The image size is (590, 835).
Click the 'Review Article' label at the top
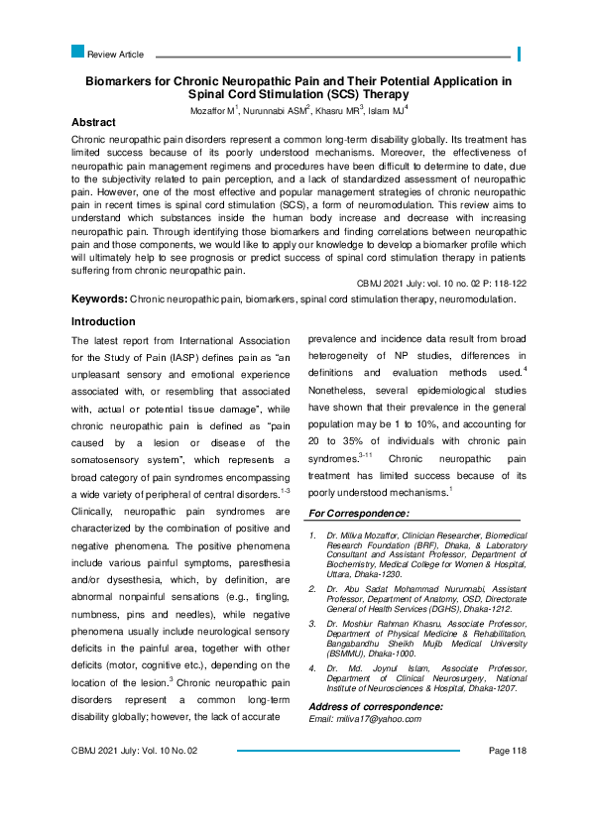[116, 54]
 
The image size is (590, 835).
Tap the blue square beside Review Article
[78, 52]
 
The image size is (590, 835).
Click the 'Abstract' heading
[100, 122]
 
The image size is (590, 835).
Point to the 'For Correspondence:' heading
[359, 513]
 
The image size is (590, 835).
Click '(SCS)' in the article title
[340, 94]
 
